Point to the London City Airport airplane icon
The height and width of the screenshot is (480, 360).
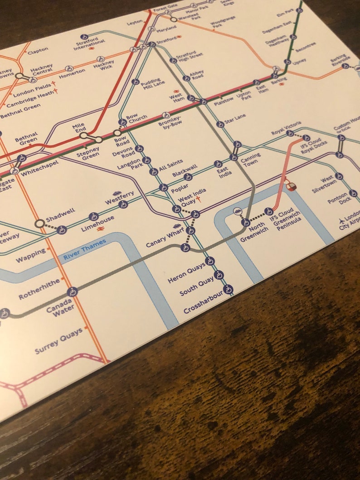341,221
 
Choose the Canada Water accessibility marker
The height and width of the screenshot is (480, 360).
72,291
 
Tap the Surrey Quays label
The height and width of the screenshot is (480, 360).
59,341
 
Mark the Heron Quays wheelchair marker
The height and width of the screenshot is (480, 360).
209,261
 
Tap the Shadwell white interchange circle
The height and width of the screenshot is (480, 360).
39,223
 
